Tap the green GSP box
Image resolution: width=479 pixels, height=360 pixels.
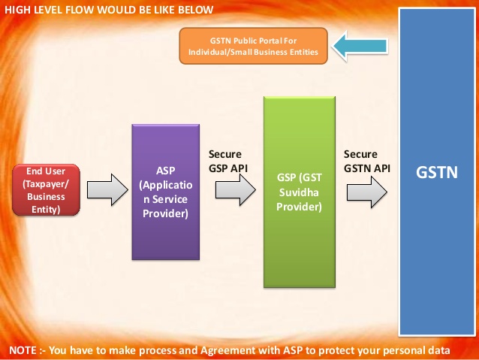[299, 192]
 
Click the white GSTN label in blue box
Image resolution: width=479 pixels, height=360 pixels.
[436, 174]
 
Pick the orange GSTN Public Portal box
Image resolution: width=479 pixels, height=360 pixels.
[253, 45]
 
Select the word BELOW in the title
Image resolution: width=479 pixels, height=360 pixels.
[194, 9]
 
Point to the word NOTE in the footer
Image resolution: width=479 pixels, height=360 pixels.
[24, 351]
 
